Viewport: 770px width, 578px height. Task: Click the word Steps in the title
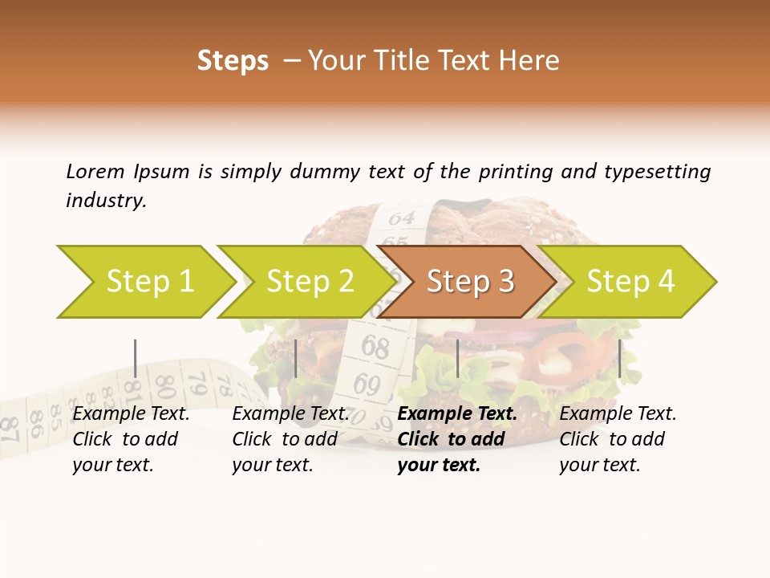pyautogui.click(x=233, y=61)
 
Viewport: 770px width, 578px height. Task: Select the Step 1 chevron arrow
pyautogui.click(x=144, y=282)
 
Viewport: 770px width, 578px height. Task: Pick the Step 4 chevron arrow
pyautogui.click(x=629, y=282)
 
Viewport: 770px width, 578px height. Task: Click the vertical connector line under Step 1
pyautogui.click(x=135, y=358)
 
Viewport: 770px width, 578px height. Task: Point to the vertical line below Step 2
pyautogui.click(x=296, y=358)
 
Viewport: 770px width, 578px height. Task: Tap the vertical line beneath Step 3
pyautogui.click(x=457, y=358)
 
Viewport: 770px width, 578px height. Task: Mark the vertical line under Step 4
pyautogui.click(x=619, y=358)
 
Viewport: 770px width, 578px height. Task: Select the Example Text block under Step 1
pyautogui.click(x=131, y=439)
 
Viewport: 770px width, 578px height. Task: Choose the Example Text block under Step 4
pyautogui.click(x=618, y=439)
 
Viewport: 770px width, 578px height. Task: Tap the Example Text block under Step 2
pyautogui.click(x=290, y=439)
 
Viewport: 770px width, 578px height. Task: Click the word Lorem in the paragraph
pyautogui.click(x=95, y=171)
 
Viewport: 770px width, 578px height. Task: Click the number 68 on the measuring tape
pyautogui.click(x=375, y=348)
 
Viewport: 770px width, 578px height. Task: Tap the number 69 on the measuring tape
pyautogui.click(x=367, y=385)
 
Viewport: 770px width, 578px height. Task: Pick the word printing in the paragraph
pyautogui.click(x=516, y=172)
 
